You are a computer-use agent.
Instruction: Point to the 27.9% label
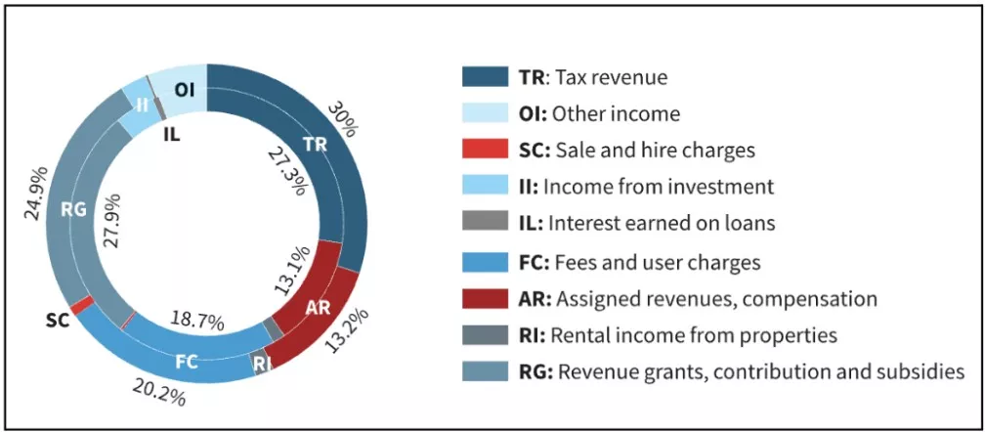point(111,229)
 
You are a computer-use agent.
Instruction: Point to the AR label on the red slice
point(319,307)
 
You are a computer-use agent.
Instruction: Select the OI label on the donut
point(185,90)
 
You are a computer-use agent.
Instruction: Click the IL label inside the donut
point(171,134)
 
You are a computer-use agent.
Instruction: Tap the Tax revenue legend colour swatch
point(485,76)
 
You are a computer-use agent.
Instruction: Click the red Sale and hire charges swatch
point(485,150)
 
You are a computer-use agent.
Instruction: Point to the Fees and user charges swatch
point(485,261)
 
